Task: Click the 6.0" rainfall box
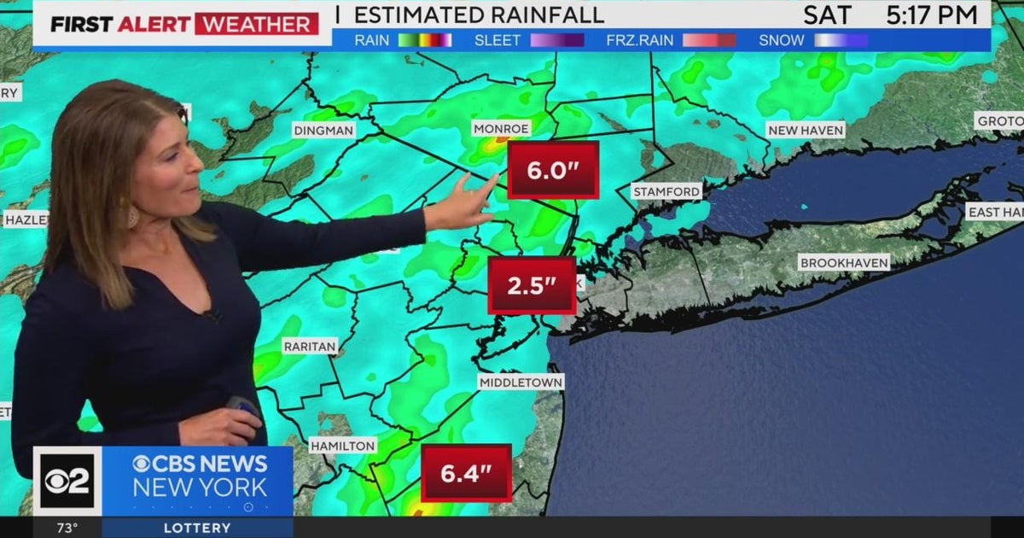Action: point(553,170)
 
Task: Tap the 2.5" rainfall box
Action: point(532,285)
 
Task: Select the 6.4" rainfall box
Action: point(466,473)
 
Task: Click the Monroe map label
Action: point(502,128)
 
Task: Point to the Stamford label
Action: point(666,192)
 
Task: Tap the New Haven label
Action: point(806,130)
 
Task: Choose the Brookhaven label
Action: point(844,262)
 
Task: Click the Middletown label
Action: point(521,382)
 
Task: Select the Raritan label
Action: point(311,347)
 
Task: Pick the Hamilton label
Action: point(342,446)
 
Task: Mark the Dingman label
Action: point(323,131)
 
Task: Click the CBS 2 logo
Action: point(67,481)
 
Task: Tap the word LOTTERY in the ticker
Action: point(196,528)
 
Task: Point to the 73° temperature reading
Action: point(67,528)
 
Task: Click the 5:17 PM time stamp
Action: point(932,15)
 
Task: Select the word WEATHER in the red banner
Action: point(257,23)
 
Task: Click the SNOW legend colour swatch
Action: point(841,40)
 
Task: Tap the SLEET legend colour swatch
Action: point(556,40)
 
